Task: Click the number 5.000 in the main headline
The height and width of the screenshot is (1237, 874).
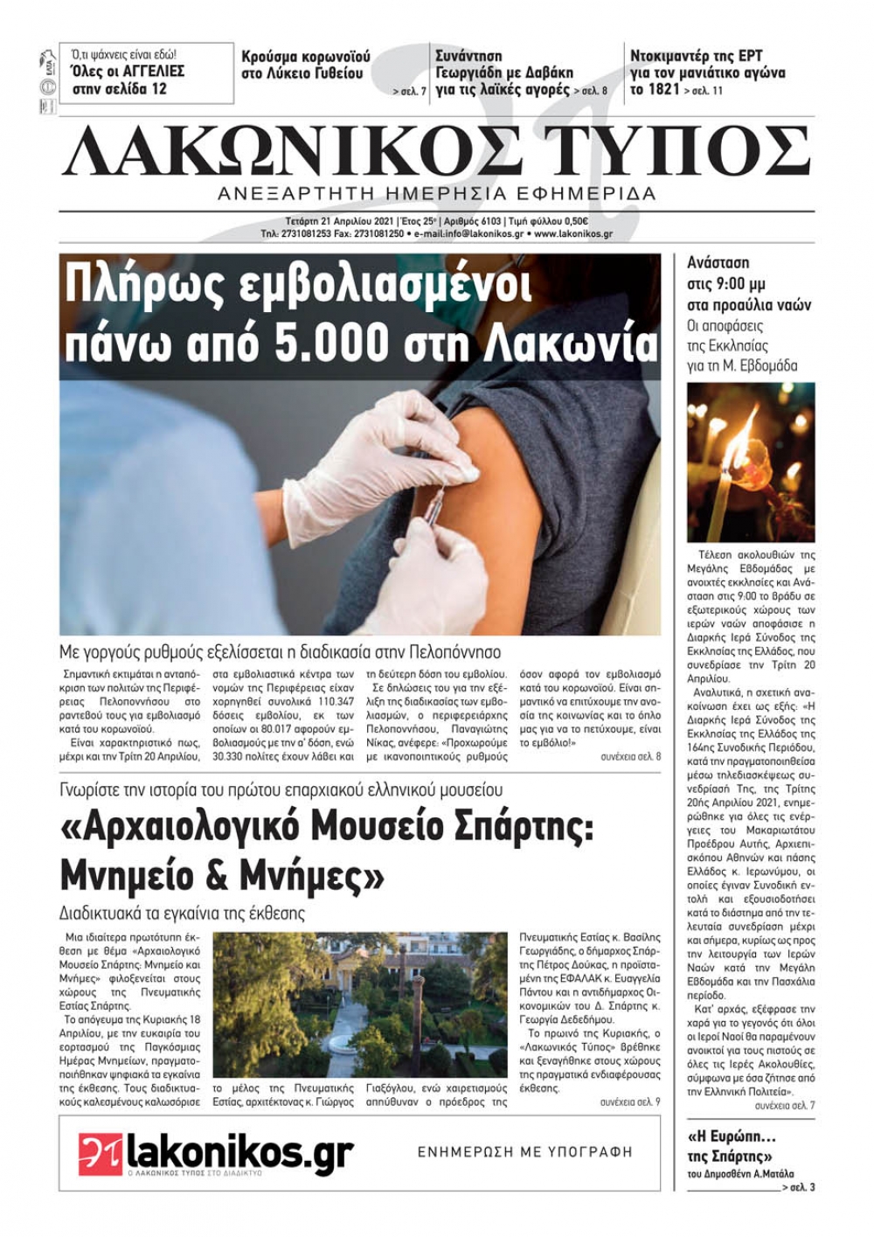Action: coord(333,344)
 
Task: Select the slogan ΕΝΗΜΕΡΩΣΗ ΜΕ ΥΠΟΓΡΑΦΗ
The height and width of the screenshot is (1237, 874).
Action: coord(524,1152)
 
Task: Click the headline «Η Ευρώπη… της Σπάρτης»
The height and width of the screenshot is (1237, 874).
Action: coord(732,1146)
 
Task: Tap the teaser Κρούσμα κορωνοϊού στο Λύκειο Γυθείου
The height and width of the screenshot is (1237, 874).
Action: coord(305,65)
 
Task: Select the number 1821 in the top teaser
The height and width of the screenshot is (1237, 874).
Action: coord(663,89)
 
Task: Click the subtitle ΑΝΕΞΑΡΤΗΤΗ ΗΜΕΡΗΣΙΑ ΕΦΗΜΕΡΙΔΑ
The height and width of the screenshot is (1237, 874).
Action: coord(437,193)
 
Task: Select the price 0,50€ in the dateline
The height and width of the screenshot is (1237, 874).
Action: coord(574,221)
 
